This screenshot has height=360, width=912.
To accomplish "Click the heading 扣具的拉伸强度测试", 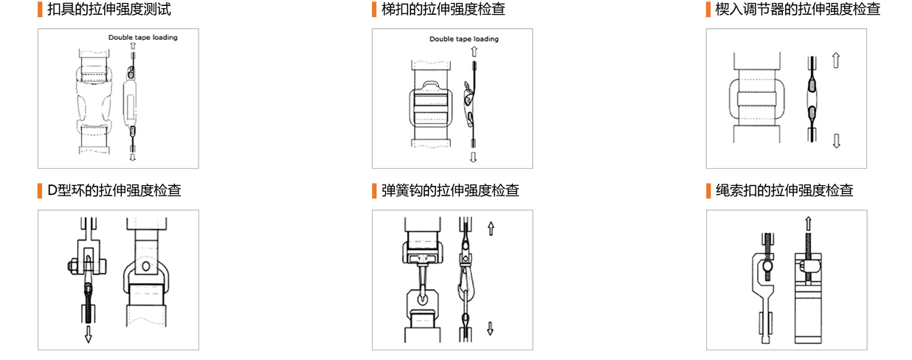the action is click(x=108, y=9).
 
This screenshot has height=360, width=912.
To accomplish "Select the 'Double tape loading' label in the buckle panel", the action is click(x=143, y=38).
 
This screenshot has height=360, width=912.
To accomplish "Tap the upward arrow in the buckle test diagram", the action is click(x=133, y=46).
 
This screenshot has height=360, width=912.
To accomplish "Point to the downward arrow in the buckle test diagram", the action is click(x=132, y=157).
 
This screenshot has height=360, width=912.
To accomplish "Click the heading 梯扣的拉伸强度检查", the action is click(x=443, y=9).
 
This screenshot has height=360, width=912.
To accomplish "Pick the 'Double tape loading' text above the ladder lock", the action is click(x=464, y=39).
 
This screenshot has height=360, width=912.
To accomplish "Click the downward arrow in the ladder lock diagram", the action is click(x=473, y=157).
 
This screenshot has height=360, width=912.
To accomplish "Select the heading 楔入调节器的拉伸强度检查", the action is click(x=798, y=9).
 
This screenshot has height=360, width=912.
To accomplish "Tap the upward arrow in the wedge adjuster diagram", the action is click(x=836, y=60).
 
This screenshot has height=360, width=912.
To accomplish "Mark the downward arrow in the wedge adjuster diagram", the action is click(x=836, y=141).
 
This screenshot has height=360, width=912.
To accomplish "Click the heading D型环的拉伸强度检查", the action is click(x=114, y=190).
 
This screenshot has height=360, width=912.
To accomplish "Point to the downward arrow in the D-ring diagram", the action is click(x=88, y=334).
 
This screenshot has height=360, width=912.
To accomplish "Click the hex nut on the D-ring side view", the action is click(x=72, y=266).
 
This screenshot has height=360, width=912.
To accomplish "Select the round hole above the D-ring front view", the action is click(x=146, y=267).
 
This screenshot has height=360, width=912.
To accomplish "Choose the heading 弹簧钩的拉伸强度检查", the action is click(x=450, y=190).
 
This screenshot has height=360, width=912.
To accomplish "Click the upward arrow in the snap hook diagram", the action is click(x=491, y=229).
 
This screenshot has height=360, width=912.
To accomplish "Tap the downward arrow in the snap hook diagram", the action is click(x=490, y=328).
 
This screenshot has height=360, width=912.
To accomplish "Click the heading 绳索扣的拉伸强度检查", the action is click(x=784, y=190).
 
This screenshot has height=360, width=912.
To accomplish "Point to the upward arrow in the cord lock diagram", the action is click(x=808, y=224).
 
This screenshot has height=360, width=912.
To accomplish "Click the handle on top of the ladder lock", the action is click(x=431, y=85).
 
